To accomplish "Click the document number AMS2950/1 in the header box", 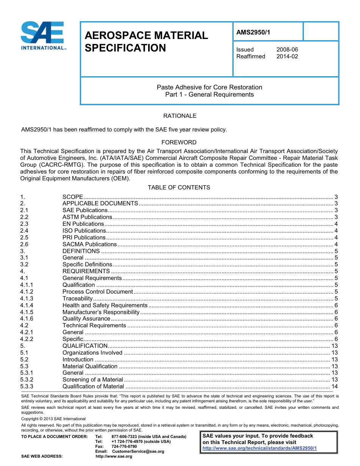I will pos(253,33).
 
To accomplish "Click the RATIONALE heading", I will pos(180,116).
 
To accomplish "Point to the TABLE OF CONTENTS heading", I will pos(179,188).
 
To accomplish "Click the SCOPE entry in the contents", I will pos(73,197).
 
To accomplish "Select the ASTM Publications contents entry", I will pos(87,217).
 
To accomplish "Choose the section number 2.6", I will pos(24,244).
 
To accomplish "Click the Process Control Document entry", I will pos(98,292).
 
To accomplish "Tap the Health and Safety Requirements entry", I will pos(105,305).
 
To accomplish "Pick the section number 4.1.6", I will pos(27,319).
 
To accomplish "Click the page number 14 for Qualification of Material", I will pos(334,386).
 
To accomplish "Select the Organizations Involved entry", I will pos(92,353).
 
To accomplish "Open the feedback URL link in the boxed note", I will pos(260,448).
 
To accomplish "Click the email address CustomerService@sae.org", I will pos(135,451).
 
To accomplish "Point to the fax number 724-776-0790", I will pos(124,446).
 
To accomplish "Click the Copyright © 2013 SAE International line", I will pos(53,419).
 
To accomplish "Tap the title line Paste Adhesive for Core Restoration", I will pos(209,87).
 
